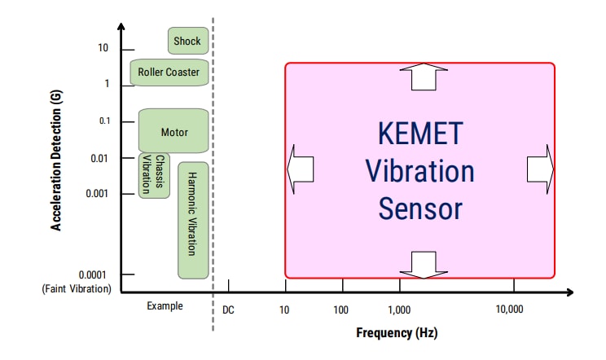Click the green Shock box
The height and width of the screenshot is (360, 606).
[x=188, y=41]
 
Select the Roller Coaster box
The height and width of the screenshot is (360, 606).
[x=168, y=72]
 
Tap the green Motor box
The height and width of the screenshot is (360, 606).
[x=173, y=132]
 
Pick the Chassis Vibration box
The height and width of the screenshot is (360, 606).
[x=154, y=175]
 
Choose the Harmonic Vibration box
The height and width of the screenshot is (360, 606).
[x=193, y=220]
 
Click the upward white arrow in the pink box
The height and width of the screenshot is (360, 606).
[x=424, y=77]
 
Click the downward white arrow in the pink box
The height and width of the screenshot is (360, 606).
[x=424, y=264]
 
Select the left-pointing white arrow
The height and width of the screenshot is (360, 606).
[x=301, y=170]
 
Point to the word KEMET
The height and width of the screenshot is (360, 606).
[x=419, y=134]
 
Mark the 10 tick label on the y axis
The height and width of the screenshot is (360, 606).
[x=103, y=49]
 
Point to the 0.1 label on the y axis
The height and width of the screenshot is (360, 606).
[x=103, y=121]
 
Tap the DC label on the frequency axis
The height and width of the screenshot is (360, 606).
[x=228, y=310]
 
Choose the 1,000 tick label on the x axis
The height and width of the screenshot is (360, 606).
[x=399, y=310]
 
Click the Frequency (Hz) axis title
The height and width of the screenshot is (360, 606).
[x=397, y=333]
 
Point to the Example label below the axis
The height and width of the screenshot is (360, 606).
[x=165, y=306]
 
